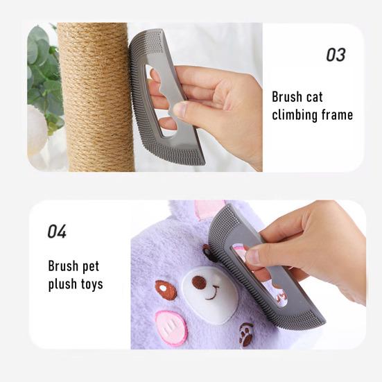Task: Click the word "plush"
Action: point(64,284)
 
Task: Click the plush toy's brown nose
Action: point(198,281)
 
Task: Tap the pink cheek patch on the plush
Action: point(171,327)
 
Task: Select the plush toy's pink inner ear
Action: point(209,209)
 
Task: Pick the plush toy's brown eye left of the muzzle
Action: point(166,290)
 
